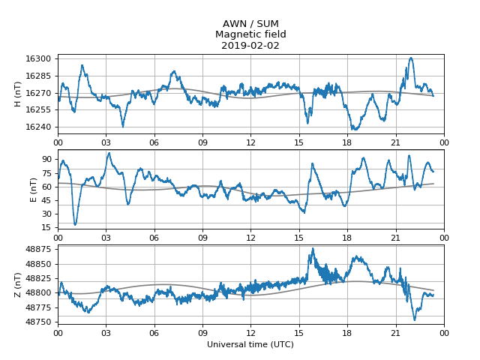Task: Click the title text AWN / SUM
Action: click(x=250, y=23)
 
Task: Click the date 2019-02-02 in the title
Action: click(x=250, y=45)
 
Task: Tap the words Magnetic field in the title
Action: click(x=250, y=34)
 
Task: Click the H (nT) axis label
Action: click(x=18, y=94)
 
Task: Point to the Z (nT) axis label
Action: click(x=18, y=285)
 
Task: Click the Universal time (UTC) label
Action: click(x=250, y=344)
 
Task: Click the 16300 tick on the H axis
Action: click(x=39, y=58)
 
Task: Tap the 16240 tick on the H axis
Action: click(x=39, y=127)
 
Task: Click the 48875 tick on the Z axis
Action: click(x=39, y=249)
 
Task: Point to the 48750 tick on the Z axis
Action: click(x=39, y=322)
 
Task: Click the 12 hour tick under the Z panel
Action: click(x=250, y=332)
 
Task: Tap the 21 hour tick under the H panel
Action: click(x=395, y=140)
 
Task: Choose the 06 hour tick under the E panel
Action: click(x=154, y=237)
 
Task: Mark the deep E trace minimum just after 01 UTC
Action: click(x=75, y=223)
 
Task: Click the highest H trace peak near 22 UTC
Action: click(x=411, y=58)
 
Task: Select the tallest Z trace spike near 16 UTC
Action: click(x=313, y=248)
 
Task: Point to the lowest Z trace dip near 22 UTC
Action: click(x=415, y=320)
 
